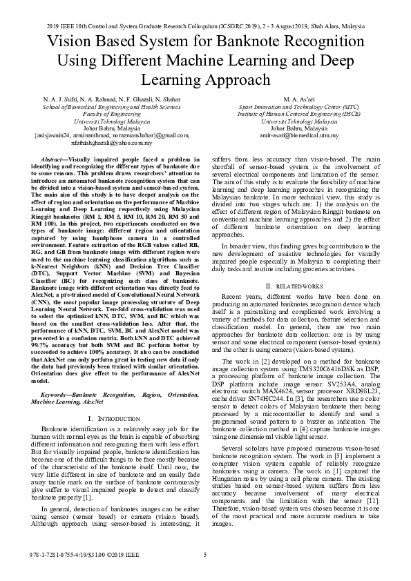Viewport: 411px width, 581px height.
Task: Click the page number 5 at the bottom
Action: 205,555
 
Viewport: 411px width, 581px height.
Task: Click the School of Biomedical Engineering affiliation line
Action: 102,108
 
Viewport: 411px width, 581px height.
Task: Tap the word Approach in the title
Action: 235,79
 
